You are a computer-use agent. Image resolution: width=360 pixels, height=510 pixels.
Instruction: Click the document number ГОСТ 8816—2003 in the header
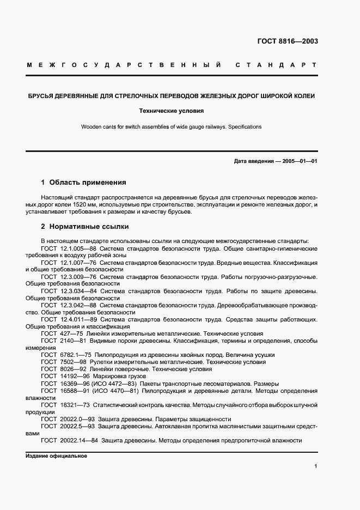(288, 41)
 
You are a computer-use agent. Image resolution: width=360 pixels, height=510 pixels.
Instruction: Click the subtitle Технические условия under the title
(172, 111)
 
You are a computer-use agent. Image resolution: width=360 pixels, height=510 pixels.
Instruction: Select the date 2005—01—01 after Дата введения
(299, 161)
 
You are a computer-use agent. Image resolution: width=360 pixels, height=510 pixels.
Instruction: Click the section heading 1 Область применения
(83, 183)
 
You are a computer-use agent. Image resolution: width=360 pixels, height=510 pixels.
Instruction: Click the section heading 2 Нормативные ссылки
(84, 226)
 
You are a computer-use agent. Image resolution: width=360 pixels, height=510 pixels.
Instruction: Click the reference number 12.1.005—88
(78, 248)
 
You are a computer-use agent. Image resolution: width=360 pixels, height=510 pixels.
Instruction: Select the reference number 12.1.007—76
(78, 262)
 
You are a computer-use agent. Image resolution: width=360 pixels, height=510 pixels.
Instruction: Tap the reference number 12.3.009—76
(78, 276)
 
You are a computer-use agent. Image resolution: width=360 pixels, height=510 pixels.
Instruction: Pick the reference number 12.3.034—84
(78, 291)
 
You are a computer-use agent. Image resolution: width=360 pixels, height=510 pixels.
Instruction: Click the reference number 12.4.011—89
(78, 319)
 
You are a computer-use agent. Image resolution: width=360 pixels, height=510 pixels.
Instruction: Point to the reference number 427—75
(71, 333)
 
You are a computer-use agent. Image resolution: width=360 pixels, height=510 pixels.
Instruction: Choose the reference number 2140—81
(73, 341)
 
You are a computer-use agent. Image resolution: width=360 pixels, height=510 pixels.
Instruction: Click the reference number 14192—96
(75, 376)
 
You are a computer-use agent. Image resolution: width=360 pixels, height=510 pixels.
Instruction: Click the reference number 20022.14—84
(80, 440)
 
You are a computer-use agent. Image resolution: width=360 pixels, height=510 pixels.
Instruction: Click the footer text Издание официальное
(56, 456)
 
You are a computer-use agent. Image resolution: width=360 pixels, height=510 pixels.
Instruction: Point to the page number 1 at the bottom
(316, 466)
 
